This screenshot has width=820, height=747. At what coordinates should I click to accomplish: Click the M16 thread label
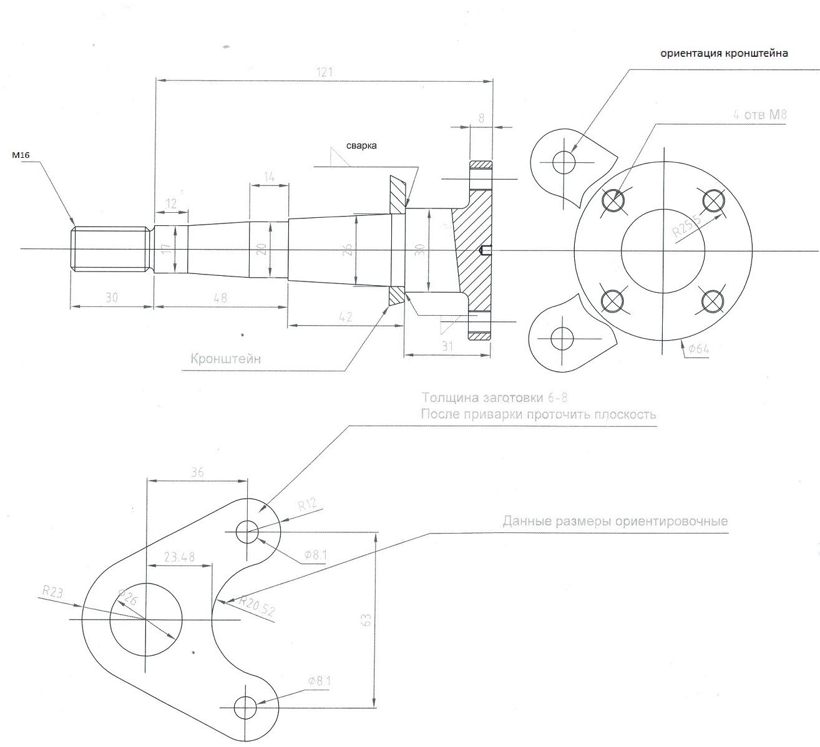(x=21, y=155)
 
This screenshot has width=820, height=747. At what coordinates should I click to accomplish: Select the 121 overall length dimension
(x=324, y=72)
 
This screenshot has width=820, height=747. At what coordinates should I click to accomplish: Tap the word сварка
(x=363, y=145)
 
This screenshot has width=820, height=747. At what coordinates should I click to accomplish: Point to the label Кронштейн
(x=225, y=359)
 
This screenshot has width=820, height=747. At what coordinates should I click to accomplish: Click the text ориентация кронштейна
(x=725, y=54)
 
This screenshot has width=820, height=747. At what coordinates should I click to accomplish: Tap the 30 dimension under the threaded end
(x=112, y=298)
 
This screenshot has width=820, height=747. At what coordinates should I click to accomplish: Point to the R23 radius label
(x=52, y=592)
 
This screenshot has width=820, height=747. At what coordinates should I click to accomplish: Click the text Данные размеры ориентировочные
(x=615, y=521)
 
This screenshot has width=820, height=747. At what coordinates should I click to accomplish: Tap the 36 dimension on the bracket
(x=197, y=472)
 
